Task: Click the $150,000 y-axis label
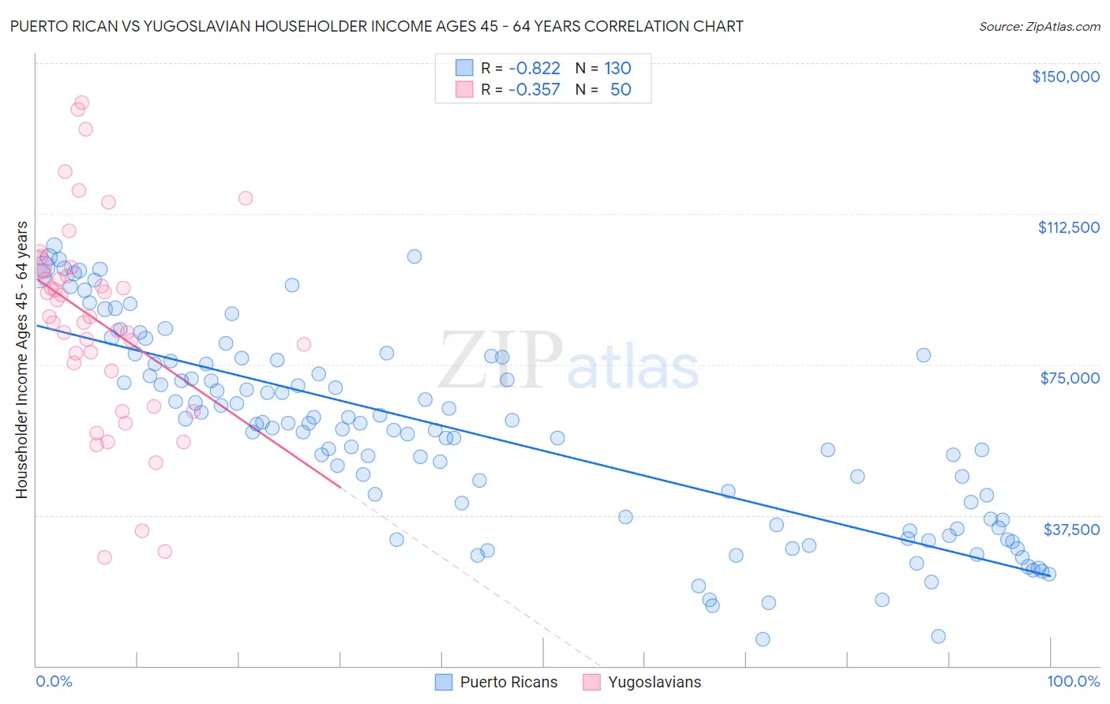coord(1065,77)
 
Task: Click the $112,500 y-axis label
coord(1068,227)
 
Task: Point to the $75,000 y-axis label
coord(1070,378)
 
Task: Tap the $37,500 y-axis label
coord(1071,530)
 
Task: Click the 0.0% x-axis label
coord(54,682)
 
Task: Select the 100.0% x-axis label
coord(1073,682)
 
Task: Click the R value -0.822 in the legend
coord(534,69)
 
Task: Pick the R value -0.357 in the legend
coord(534,90)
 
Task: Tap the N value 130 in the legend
coord(617,69)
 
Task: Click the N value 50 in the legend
coord(621,90)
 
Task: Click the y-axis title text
coord(21,360)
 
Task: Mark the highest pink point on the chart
coord(81,103)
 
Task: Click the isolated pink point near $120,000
coord(246,198)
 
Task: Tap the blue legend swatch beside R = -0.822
coord(464,69)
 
